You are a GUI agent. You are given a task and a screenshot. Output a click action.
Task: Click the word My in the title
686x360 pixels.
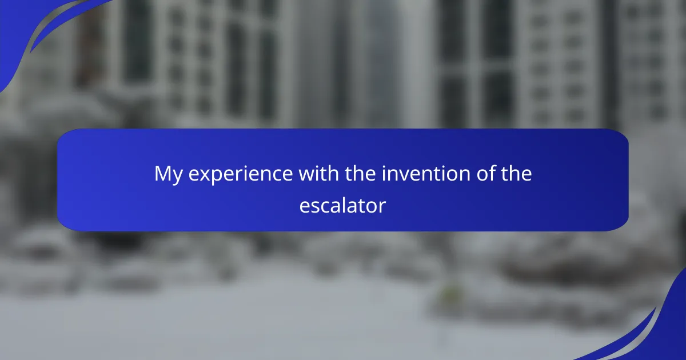coord(169,174)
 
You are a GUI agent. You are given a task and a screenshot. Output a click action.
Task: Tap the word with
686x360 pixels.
coord(319,173)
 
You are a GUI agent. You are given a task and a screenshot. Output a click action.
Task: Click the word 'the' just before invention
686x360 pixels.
coord(361,173)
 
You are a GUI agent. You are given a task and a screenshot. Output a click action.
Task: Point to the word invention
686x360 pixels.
coord(426,173)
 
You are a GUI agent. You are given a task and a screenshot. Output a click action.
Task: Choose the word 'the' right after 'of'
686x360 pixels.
coord(516,173)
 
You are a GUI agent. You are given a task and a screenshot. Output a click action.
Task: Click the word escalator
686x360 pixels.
coord(342,205)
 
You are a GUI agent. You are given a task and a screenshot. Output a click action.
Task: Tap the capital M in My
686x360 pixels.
coord(162,173)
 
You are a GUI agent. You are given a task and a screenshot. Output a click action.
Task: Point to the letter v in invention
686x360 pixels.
coord(404,176)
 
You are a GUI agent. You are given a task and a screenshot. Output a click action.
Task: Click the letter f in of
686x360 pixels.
coord(491,173)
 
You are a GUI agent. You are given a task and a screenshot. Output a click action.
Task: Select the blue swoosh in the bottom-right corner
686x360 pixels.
coord(668,334)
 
